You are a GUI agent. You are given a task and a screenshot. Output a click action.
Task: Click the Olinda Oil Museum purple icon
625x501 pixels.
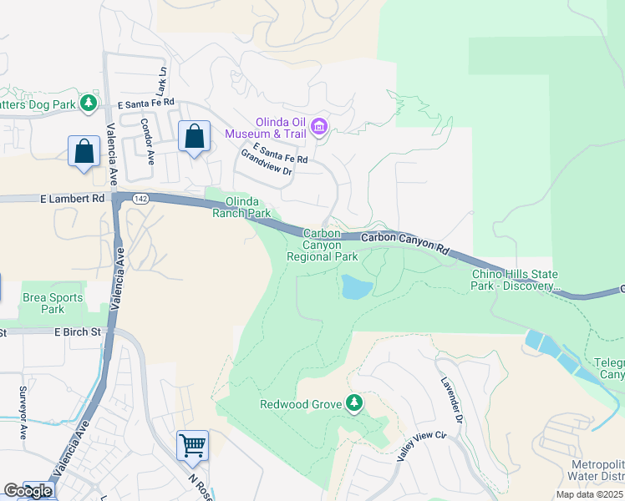coord(318,127)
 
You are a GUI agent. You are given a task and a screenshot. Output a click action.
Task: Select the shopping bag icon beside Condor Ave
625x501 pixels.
coord(194,136)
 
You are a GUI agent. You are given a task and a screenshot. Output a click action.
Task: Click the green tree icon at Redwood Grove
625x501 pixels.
coord(354,404)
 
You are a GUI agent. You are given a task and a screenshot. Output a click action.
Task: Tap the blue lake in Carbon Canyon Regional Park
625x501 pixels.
coord(356,288)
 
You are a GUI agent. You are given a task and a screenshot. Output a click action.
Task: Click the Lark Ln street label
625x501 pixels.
coord(161,82)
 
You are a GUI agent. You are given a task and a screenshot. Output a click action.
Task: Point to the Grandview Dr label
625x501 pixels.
coord(267,162)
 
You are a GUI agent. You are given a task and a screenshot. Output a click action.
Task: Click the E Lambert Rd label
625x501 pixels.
coord(73,199)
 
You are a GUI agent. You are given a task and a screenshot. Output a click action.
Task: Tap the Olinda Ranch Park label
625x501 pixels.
coord(248,207)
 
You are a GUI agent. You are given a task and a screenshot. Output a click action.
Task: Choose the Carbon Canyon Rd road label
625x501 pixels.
coord(405,242)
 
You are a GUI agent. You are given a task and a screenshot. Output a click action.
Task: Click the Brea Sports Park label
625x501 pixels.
coord(53,303)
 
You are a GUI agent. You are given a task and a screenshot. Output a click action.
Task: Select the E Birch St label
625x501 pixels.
coord(78,331)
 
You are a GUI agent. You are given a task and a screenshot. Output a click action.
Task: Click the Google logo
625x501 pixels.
coord(28,491)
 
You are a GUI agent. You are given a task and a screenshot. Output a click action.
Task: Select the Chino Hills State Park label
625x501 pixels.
coord(515,280)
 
